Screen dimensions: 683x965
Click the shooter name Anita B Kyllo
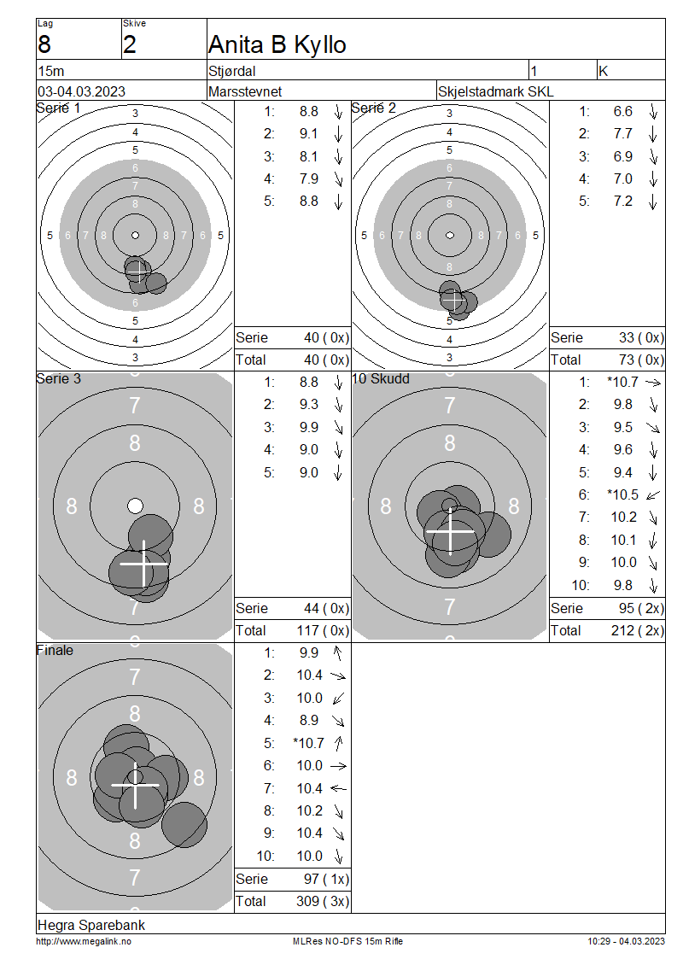(277, 44)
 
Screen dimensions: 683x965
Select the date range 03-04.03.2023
(81, 91)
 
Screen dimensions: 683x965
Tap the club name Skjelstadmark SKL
(495, 91)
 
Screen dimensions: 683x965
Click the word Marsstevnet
(245, 91)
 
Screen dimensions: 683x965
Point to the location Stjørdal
(232, 72)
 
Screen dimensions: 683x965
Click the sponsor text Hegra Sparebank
(91, 925)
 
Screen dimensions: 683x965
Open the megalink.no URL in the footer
(84, 942)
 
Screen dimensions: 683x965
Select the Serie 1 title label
(58, 108)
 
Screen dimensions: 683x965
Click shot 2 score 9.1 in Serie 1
(309, 133)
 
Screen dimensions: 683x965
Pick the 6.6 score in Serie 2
(622, 111)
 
